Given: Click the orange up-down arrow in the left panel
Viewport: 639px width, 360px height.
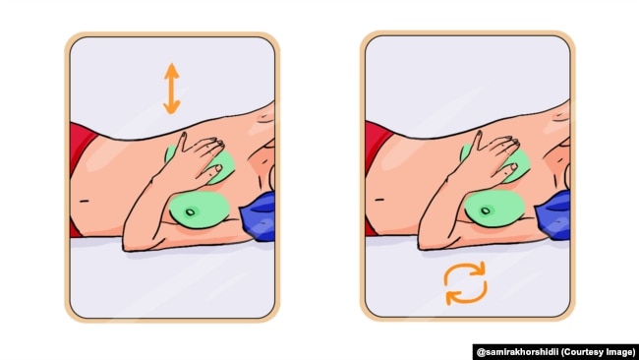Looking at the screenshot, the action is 172,89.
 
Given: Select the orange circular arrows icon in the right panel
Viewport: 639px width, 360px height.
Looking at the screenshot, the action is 465,283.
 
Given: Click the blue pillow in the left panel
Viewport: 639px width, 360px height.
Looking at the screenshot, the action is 259,216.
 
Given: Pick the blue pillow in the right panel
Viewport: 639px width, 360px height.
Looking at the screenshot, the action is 554,216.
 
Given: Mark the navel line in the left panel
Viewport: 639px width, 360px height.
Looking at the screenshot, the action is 85,201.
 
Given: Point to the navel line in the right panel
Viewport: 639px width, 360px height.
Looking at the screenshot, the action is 379,200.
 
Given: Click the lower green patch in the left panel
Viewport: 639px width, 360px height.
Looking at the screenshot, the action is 200,210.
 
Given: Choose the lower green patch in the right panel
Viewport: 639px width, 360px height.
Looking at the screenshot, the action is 494,209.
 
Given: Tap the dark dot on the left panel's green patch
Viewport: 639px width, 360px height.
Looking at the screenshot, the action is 191,212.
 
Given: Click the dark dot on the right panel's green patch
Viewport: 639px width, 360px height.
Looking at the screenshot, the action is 486,210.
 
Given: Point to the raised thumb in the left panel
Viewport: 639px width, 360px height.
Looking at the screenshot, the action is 182,141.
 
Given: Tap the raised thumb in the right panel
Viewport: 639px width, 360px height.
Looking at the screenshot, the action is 477,140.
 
